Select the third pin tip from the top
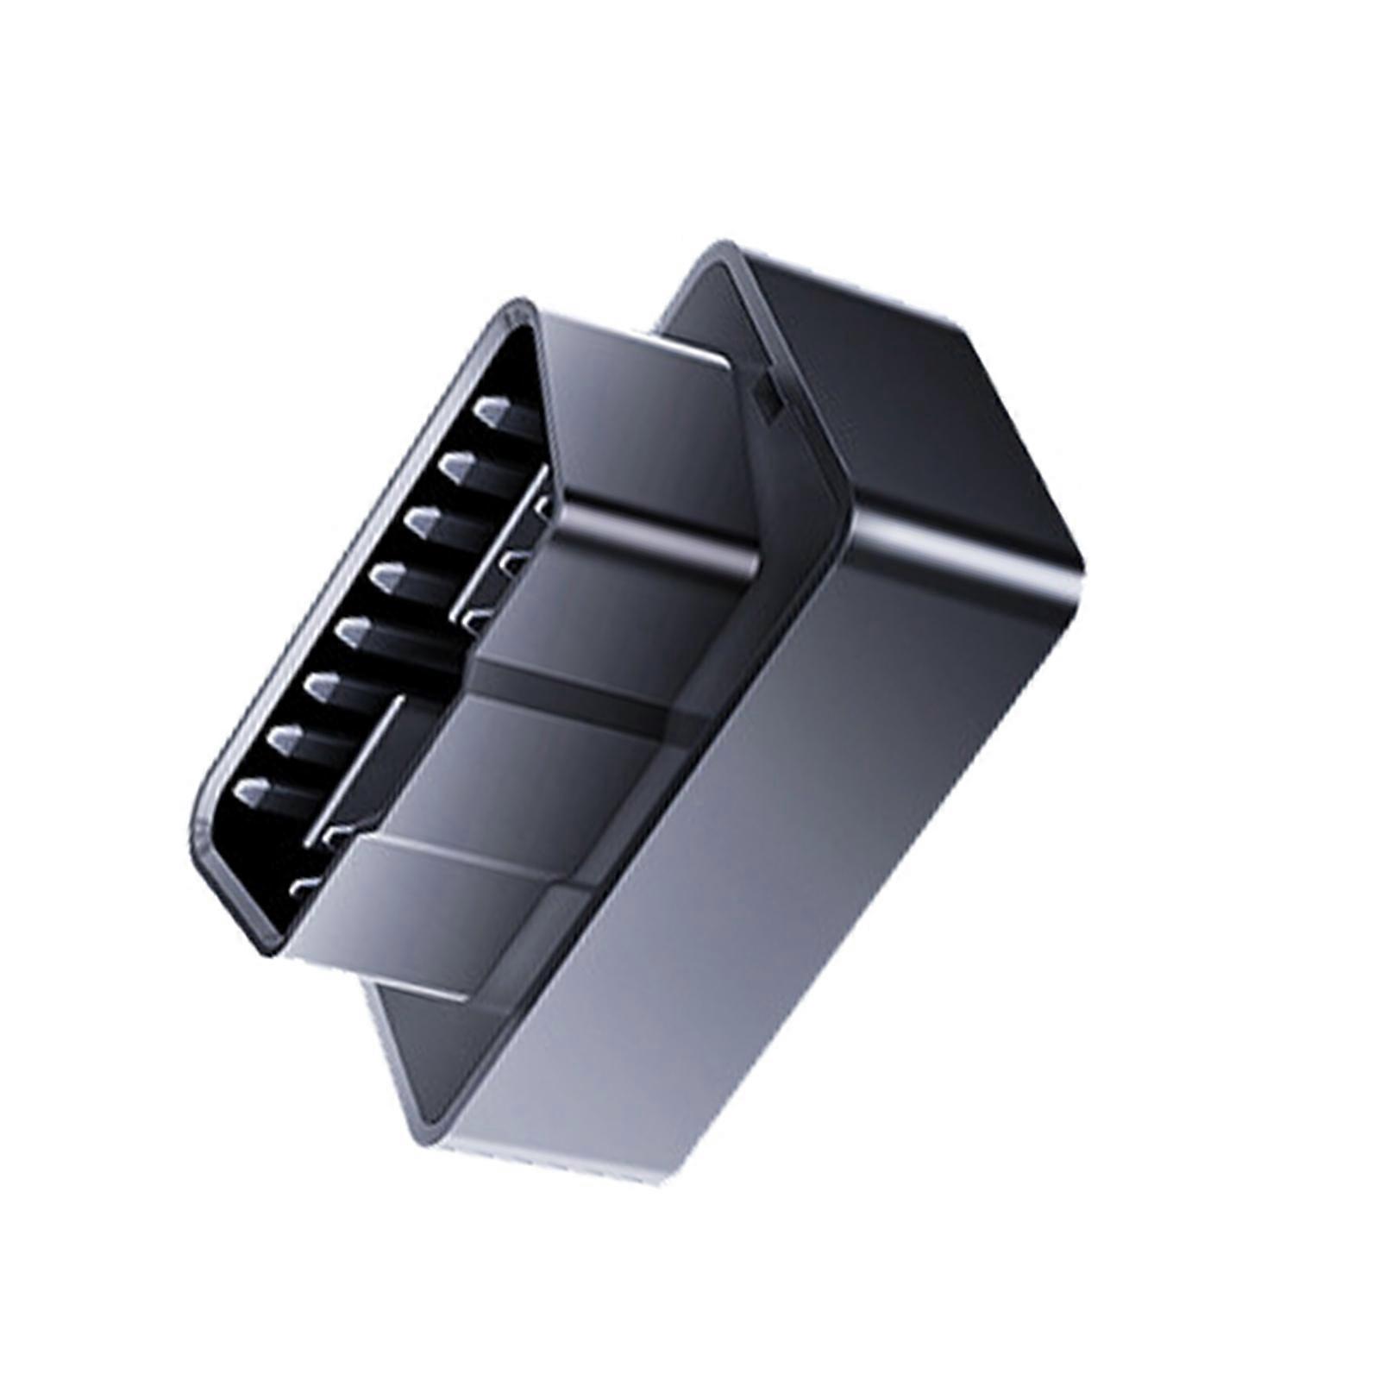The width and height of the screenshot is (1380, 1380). [x=425, y=520]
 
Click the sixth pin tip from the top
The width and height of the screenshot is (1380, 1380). [x=321, y=686]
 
